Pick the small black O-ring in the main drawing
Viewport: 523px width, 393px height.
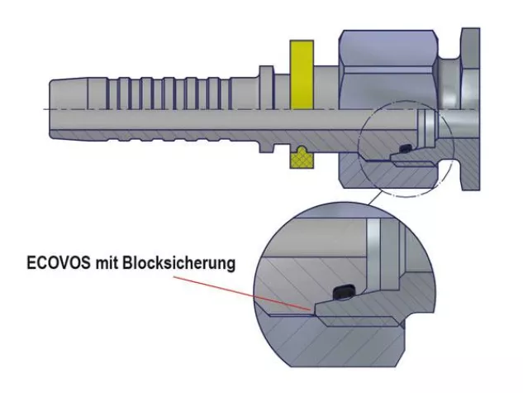pos(406,148)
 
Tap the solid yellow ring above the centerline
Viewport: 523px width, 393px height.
pos(298,74)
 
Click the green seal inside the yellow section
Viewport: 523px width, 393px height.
pos(299,152)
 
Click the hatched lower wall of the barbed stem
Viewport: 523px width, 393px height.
pos(165,135)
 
